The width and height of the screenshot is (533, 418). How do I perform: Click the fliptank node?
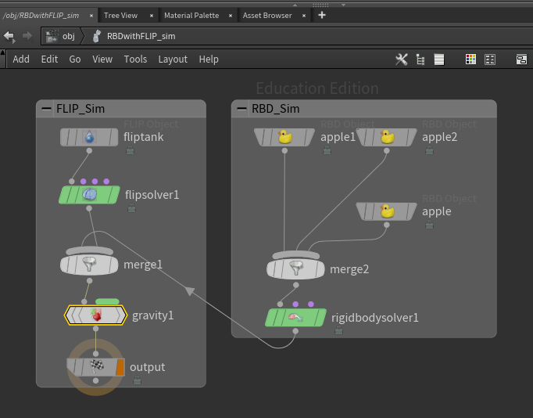coord(89,137)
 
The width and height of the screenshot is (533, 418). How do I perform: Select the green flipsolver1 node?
coord(89,195)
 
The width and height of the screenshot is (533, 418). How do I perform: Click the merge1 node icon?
coord(89,264)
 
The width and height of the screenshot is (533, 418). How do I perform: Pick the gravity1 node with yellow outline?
coord(95,315)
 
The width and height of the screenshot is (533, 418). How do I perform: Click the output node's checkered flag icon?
coord(97,366)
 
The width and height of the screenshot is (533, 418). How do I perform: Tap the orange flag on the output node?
coord(120,367)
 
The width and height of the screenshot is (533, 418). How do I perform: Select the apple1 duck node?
coord(284,137)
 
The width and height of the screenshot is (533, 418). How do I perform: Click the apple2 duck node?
coord(387,137)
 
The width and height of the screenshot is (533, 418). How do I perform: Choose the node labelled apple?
coord(387,211)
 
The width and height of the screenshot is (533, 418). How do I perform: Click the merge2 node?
coord(295,268)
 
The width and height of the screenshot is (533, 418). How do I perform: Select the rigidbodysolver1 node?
coord(295,318)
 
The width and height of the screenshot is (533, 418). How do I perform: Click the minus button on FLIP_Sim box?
coord(46,109)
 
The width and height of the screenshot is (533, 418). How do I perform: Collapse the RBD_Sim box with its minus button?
coord(241,109)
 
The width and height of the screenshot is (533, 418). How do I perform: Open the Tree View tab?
coord(120,16)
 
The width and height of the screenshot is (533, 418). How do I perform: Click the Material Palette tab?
coord(191,16)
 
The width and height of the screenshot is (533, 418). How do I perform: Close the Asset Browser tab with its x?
coord(304,16)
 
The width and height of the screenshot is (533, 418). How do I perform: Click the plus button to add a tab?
coord(322,15)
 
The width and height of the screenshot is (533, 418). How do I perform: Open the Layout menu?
coord(173,59)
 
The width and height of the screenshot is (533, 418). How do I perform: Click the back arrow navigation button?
coord(9,36)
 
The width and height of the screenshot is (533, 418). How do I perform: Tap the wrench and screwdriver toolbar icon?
coord(402,59)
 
